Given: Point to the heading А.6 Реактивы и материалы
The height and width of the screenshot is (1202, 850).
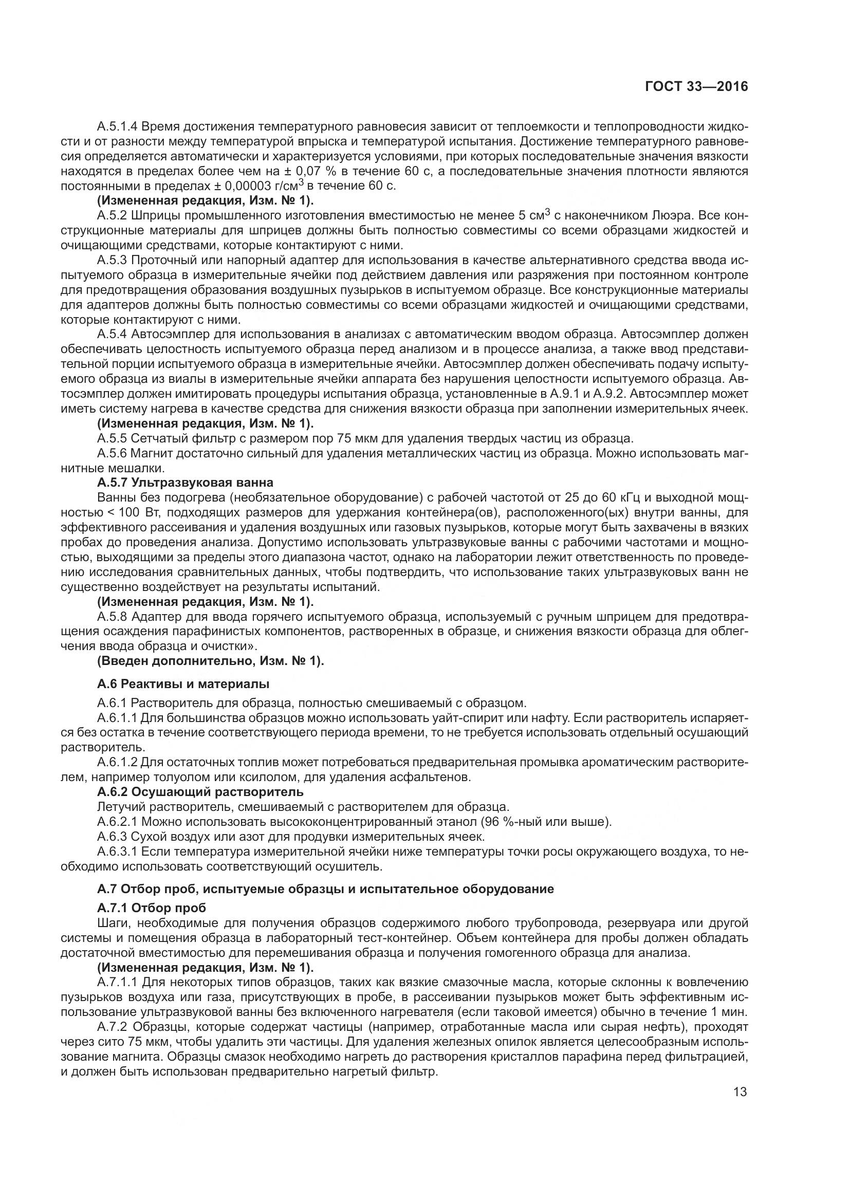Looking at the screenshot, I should pyautogui.click(x=183, y=683).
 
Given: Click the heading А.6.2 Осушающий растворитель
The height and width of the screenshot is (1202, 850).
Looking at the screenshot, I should pyautogui.click(x=200, y=792).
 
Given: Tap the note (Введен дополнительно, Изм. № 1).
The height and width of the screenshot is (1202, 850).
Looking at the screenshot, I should pyautogui.click(x=210, y=661).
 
